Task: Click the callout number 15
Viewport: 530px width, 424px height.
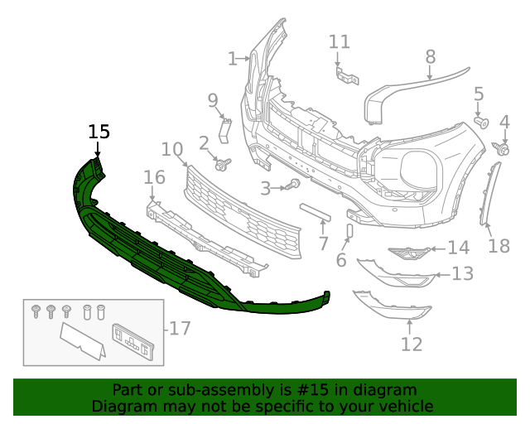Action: tap(99, 132)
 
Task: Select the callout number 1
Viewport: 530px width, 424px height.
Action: tap(233, 58)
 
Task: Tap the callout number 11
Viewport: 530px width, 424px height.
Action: tap(340, 42)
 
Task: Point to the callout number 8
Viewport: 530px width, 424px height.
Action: tap(430, 56)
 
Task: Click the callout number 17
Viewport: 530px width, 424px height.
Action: tap(180, 329)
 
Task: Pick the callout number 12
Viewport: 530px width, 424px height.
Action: tap(412, 344)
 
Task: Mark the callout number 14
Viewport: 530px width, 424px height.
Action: tap(459, 247)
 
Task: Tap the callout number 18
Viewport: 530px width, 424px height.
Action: tap(499, 246)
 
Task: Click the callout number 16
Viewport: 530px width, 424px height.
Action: tap(155, 177)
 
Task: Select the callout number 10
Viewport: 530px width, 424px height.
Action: tap(171, 150)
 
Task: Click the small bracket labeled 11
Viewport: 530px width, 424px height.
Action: tap(345, 75)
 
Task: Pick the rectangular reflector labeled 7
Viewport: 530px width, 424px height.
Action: tap(316, 212)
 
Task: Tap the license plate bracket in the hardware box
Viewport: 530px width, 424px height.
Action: tap(132, 340)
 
